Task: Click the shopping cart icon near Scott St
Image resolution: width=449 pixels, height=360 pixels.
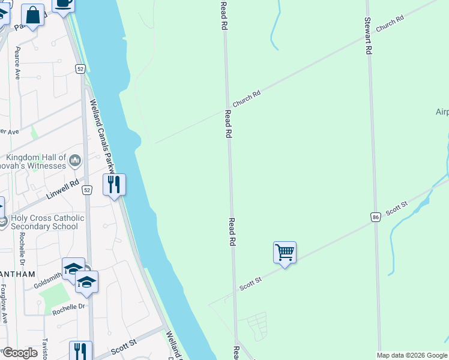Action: click(285, 252)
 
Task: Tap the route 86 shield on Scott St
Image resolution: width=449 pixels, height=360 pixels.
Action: click(375, 217)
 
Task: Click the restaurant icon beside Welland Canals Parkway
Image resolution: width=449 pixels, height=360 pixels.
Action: click(113, 184)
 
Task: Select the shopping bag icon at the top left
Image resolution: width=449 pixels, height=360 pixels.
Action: click(33, 15)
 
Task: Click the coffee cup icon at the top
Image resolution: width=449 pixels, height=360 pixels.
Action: click(63, 4)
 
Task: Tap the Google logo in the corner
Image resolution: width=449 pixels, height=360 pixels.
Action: click(20, 352)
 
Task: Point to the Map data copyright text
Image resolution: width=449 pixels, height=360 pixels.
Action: click(412, 355)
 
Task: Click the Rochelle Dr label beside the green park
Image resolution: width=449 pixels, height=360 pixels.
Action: click(68, 307)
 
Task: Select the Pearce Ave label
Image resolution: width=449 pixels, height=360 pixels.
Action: click(17, 63)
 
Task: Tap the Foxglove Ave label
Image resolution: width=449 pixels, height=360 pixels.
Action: click(4, 304)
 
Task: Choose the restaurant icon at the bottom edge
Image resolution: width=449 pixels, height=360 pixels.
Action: click(80, 350)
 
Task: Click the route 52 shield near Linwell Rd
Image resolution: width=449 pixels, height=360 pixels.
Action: click(88, 190)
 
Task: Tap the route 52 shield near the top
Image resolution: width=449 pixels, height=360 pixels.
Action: click(80, 69)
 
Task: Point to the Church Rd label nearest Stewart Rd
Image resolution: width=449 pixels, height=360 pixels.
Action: click(390, 24)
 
